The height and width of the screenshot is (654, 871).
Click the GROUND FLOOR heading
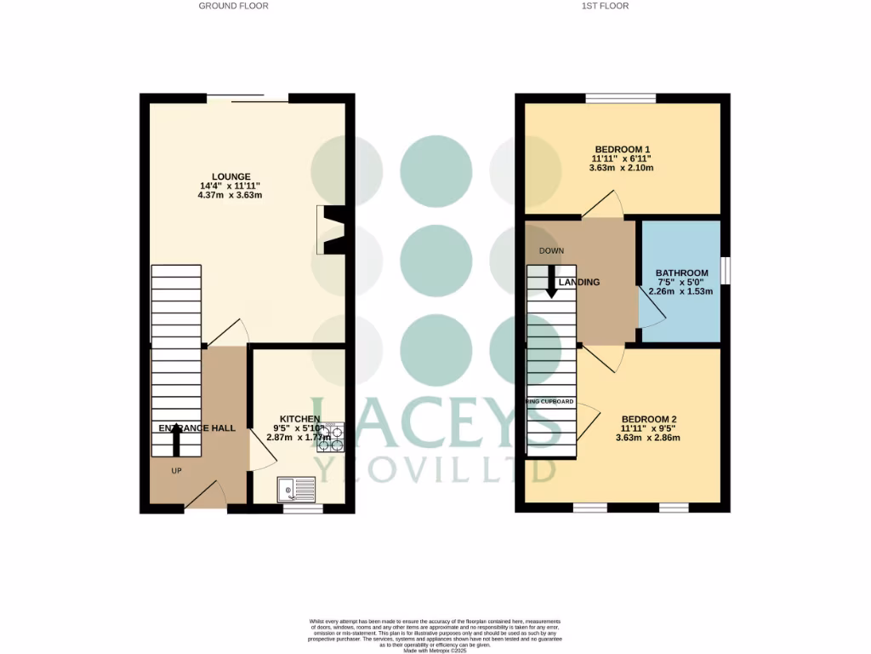pos(233,5)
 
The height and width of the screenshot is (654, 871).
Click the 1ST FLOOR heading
pos(605,5)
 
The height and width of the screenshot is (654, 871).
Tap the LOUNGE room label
pos(231,177)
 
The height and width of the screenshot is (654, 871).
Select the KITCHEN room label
pos(297,419)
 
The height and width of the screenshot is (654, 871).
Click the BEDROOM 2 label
pos(648,419)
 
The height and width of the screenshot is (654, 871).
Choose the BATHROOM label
pos(681,273)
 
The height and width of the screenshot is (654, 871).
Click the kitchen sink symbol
pos(295,489)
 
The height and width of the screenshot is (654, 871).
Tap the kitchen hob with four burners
pos(330,437)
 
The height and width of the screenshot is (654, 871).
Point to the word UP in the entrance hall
pos(176,470)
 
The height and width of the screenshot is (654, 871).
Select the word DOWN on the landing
pos(552,250)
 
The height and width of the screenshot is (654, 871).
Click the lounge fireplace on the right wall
pos(331,230)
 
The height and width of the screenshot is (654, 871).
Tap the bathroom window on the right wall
pos(726,271)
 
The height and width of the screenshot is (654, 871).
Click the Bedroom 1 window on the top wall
pos(620,98)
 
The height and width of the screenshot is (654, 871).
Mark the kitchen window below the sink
pos(303,508)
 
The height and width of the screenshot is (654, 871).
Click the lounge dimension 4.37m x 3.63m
pos(231,196)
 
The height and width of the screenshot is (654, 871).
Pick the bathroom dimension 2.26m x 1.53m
pos(680,291)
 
